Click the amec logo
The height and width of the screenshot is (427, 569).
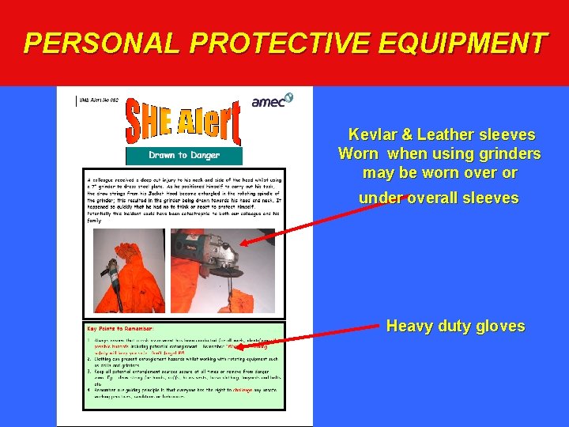[271, 100]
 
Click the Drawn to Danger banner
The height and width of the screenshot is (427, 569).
[184, 155]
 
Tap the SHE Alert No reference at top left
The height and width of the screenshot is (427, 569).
[99, 100]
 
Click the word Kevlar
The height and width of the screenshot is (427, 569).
[375, 135]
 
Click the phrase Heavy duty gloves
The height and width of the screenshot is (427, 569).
[455, 326]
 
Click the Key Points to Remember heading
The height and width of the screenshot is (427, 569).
[121, 327]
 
